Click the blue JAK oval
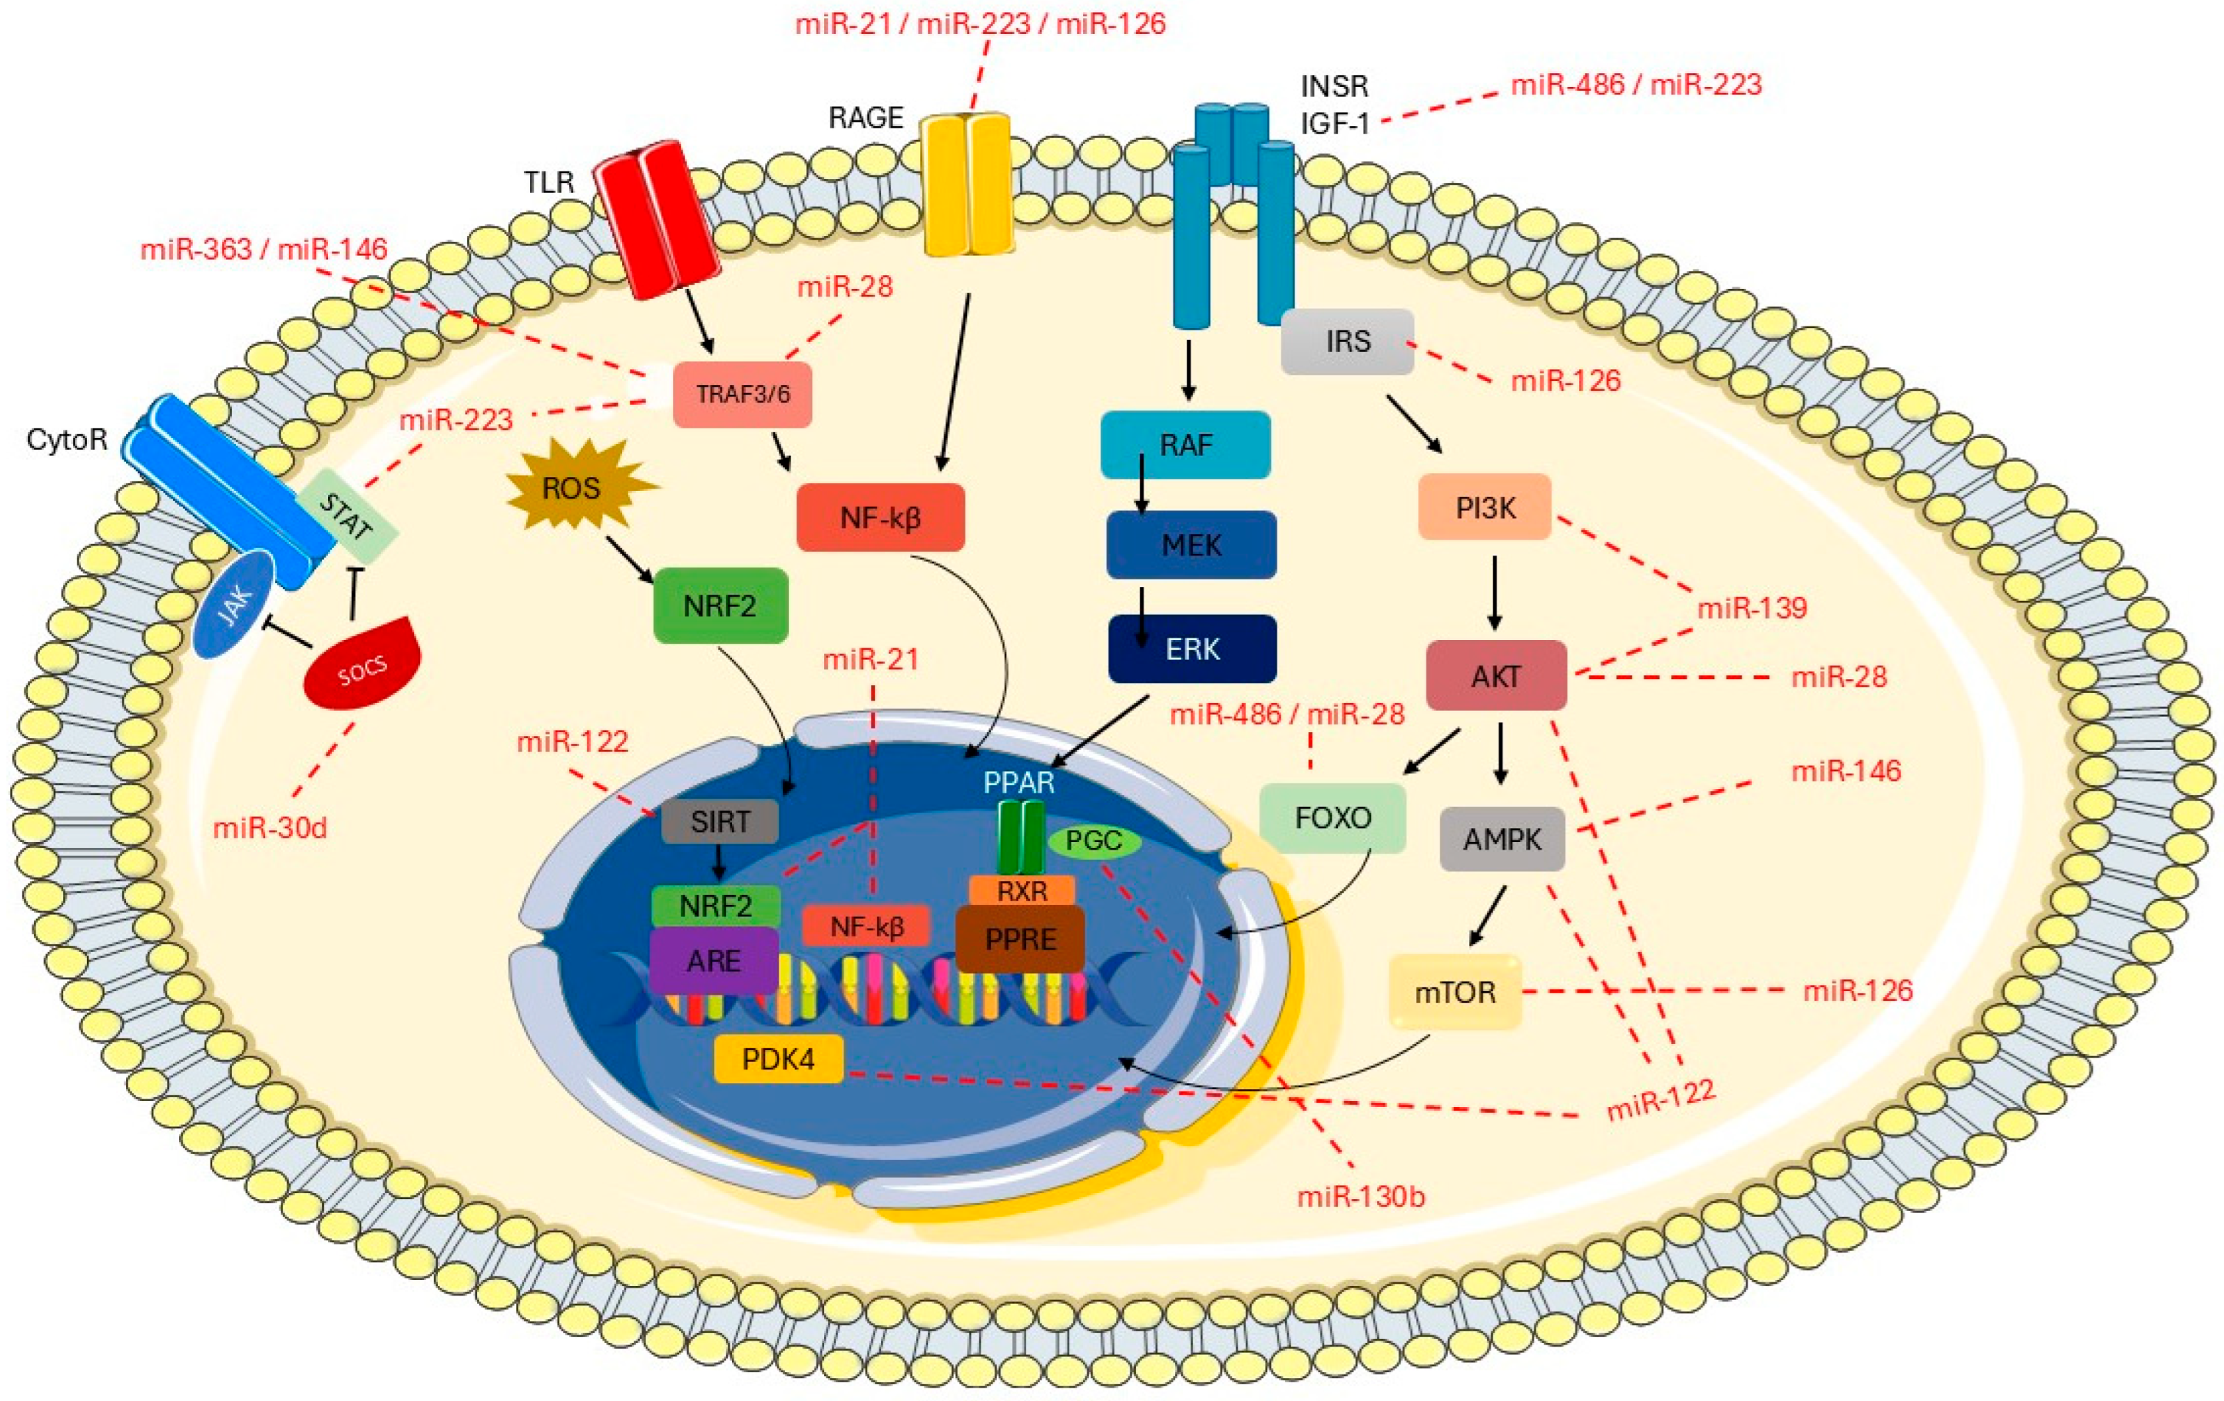[235, 606]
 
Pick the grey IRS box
[1348, 341]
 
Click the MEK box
[1192, 545]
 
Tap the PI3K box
[1484, 507]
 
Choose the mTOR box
[1455, 992]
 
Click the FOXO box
[1333, 817]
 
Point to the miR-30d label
[270, 827]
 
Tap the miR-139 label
[1751, 607]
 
